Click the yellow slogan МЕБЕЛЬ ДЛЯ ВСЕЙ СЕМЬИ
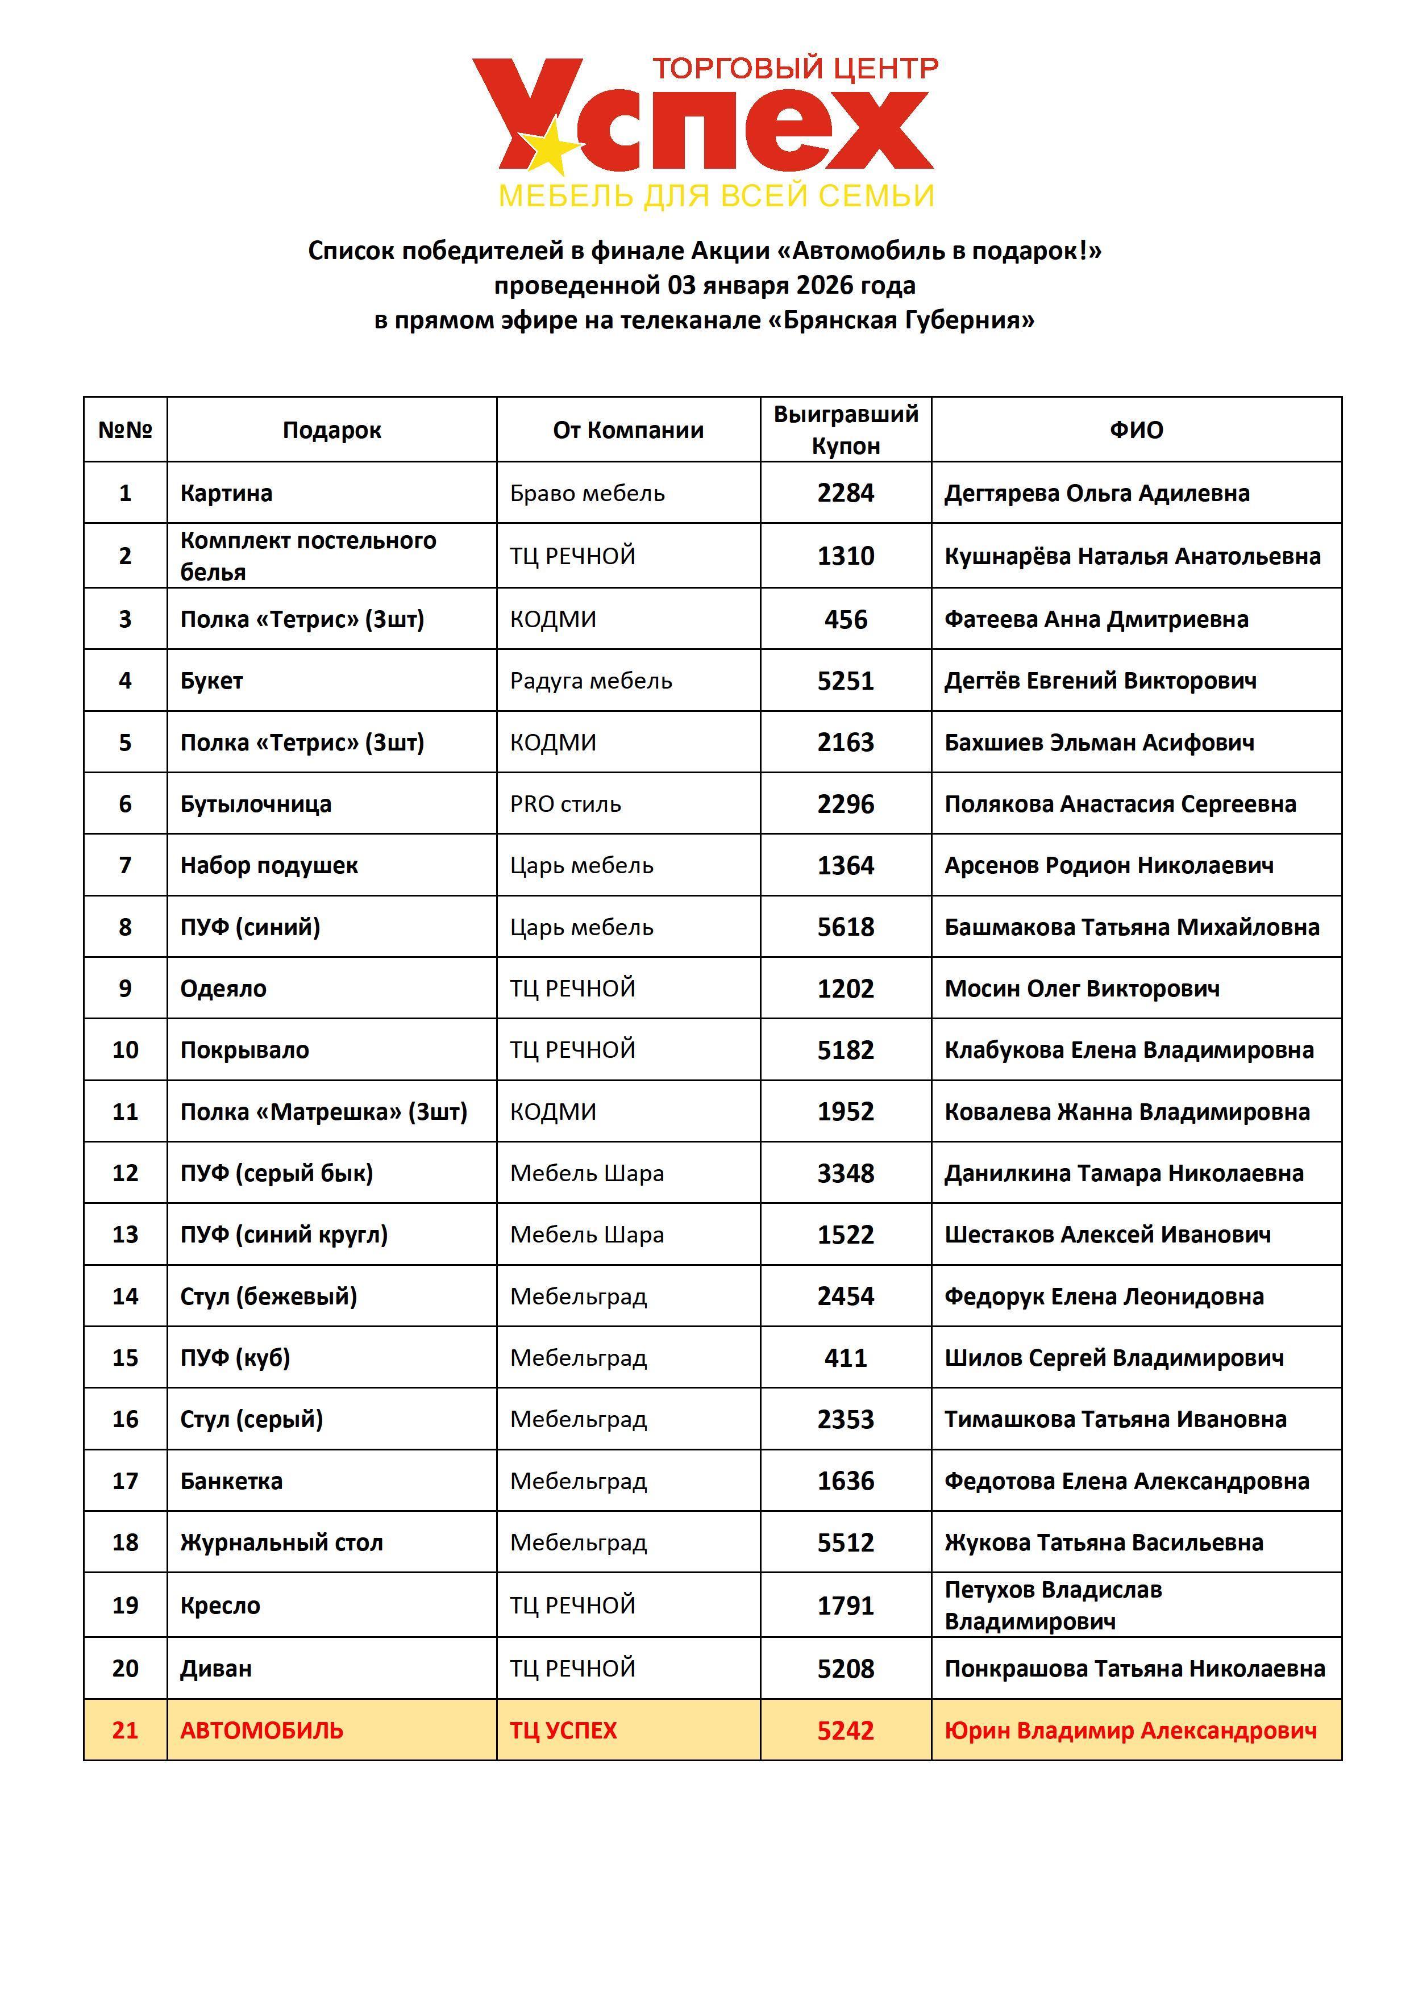716,196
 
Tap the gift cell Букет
212,681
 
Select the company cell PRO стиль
565,804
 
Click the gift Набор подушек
269,865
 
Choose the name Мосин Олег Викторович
1082,989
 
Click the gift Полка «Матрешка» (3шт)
323,1112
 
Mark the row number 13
125,1235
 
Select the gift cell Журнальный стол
281,1542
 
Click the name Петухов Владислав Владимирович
1053,1605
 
